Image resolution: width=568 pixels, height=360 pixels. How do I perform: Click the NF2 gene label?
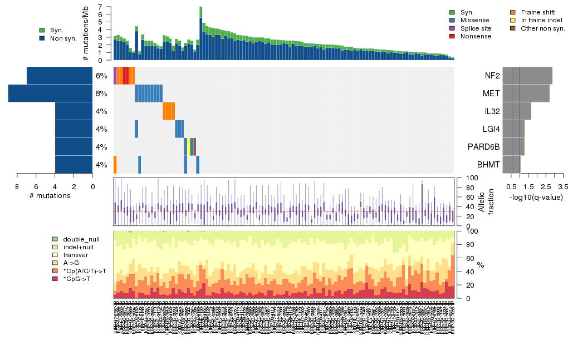tap(492, 76)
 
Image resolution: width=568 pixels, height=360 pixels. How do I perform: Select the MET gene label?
tap(491, 93)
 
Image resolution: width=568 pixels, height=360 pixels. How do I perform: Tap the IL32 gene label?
tap(491, 111)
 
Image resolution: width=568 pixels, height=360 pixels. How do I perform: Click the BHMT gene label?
tap(488, 165)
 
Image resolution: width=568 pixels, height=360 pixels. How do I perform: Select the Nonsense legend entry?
tap(478, 36)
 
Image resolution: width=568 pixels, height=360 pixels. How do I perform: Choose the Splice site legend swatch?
tap(452, 28)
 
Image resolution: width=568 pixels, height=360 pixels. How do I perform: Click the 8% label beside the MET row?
tap(101, 93)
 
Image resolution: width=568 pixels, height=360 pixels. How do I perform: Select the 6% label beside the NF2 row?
tap(101, 76)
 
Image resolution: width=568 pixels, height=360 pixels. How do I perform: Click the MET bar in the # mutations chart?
tap(50, 93)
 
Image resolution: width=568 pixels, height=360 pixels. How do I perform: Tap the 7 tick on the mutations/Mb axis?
tap(101, 7)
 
